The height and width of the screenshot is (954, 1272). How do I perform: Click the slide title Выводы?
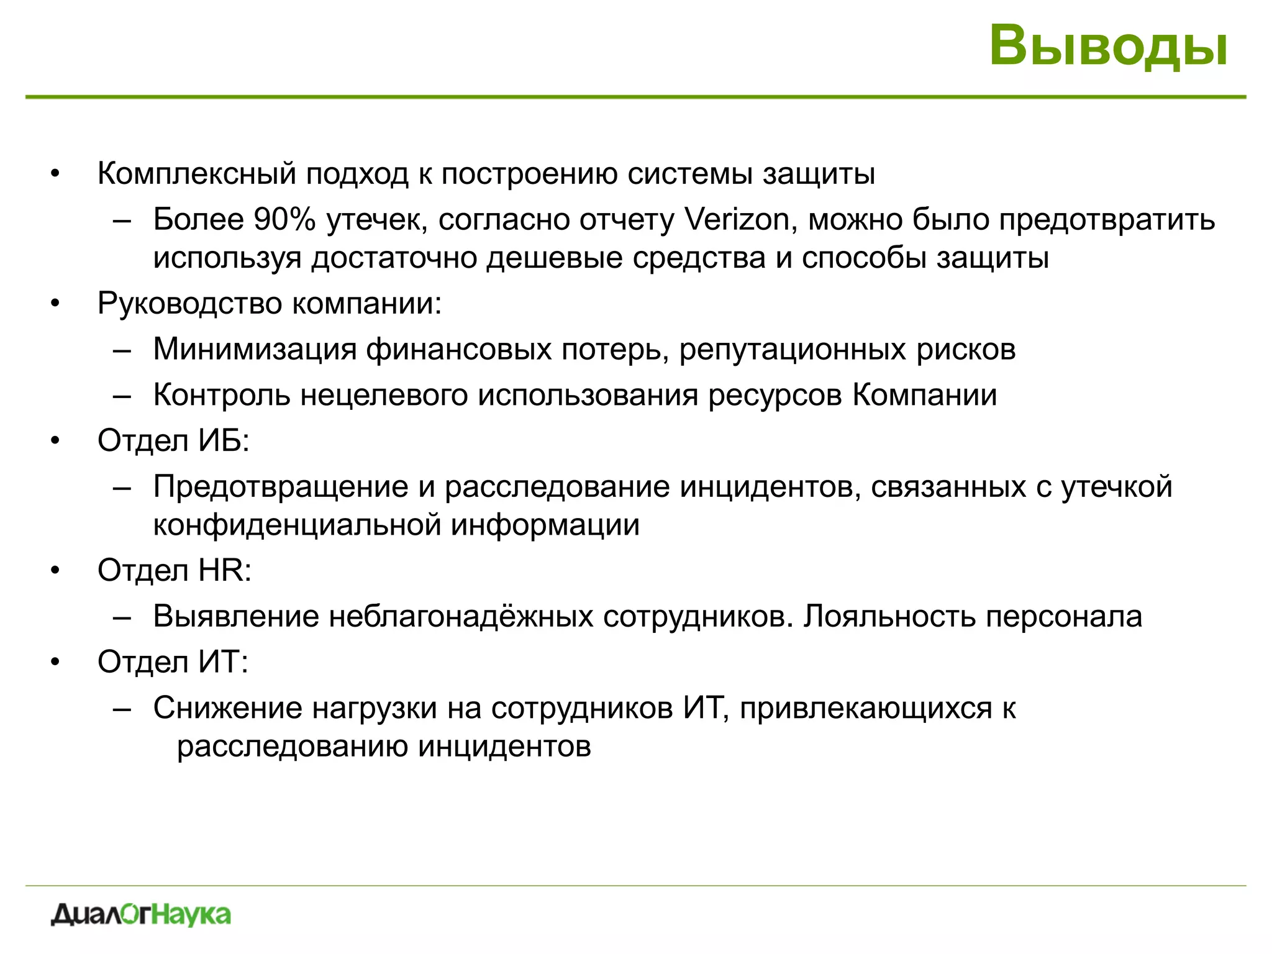point(1108,46)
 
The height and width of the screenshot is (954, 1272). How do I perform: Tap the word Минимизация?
point(255,349)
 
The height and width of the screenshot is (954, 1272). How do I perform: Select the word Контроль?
point(222,395)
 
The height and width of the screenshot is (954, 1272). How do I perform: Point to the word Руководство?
point(189,304)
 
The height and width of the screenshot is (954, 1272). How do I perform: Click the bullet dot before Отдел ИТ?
point(55,662)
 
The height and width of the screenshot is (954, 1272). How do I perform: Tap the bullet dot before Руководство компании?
point(55,304)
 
